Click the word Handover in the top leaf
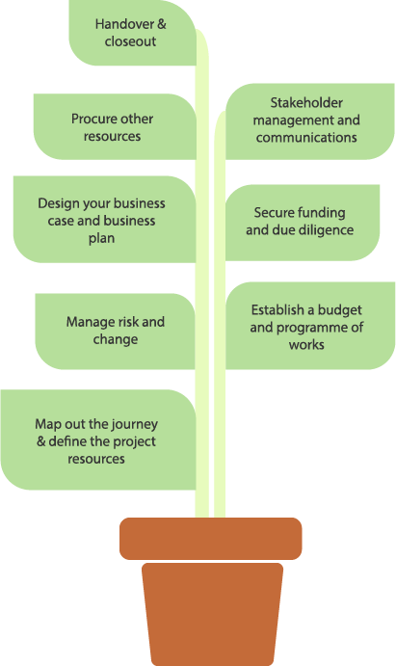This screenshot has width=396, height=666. click(125, 24)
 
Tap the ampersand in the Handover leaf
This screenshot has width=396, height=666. click(162, 24)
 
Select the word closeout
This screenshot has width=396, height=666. click(130, 41)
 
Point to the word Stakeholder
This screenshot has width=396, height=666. click(306, 102)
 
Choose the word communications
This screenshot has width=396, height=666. click(306, 137)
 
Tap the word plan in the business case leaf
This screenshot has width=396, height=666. click(101, 238)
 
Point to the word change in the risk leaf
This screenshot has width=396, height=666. click(116, 339)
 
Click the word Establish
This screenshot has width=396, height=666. click(277, 309)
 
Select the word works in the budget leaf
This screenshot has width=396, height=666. click(306, 344)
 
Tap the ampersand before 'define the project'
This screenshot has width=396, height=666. click(41, 441)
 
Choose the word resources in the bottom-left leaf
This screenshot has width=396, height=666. click(96, 459)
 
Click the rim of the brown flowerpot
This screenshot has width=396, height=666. click(210, 539)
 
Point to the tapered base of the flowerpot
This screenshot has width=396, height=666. click(212, 614)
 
